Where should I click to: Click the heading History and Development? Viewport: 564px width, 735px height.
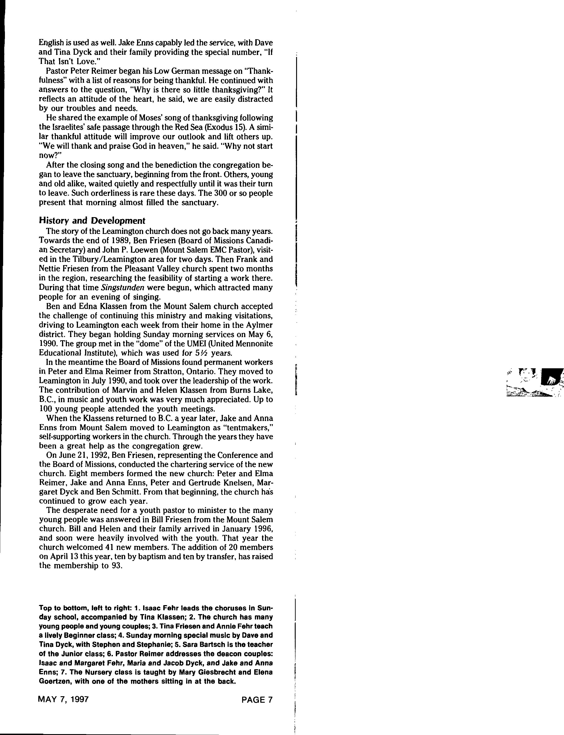(92, 220)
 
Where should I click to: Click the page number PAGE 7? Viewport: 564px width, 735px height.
(257, 700)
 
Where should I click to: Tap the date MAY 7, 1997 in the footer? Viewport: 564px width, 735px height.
(64, 700)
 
